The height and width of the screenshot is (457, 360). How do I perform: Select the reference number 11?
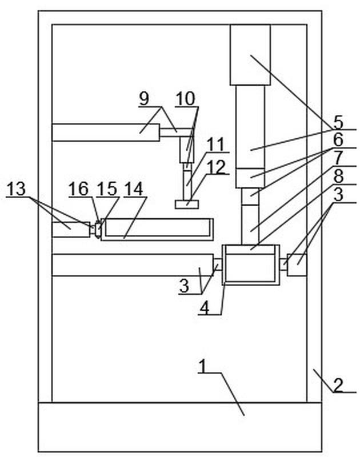pyautogui.click(x=216, y=144)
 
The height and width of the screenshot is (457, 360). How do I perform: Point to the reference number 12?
pyautogui.click(x=216, y=167)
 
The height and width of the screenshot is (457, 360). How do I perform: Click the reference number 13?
pyautogui.click(x=16, y=189)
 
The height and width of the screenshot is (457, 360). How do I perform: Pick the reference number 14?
pyautogui.click(x=133, y=189)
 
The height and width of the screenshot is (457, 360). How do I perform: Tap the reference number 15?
pyautogui.click(x=107, y=189)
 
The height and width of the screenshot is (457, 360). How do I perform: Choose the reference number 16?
pyautogui.click(x=78, y=189)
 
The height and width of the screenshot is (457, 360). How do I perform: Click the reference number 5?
pyautogui.click(x=338, y=122)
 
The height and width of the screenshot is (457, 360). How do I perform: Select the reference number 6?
pyautogui.click(x=338, y=140)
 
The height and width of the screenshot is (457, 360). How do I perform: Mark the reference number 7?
pyautogui.click(x=338, y=158)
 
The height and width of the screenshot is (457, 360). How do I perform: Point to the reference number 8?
pyautogui.click(x=338, y=177)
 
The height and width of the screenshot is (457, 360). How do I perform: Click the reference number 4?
pyautogui.click(x=205, y=308)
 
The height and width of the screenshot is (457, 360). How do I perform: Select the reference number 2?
pyautogui.click(x=338, y=385)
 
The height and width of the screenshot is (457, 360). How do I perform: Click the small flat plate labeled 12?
pyautogui.click(x=186, y=205)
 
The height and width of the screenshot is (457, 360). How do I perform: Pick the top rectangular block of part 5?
pyautogui.click(x=250, y=55)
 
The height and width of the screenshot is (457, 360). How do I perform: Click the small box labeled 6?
pyautogui.click(x=250, y=178)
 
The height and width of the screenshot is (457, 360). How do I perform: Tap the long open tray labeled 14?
pyautogui.click(x=157, y=229)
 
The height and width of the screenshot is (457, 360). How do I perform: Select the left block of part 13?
pyautogui.click(x=71, y=230)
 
